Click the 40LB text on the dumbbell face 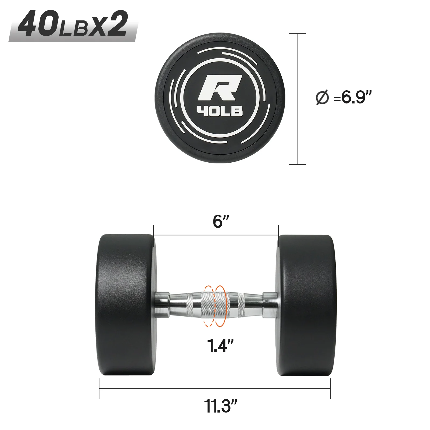[x=220, y=111]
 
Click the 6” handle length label [x=221, y=221]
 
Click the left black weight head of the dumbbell [x=125, y=305]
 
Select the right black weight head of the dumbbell [x=306, y=305]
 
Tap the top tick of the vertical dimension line [x=297, y=34]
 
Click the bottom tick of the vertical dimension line [x=297, y=164]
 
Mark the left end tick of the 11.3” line [x=99, y=388]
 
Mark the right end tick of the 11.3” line [x=330, y=388]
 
